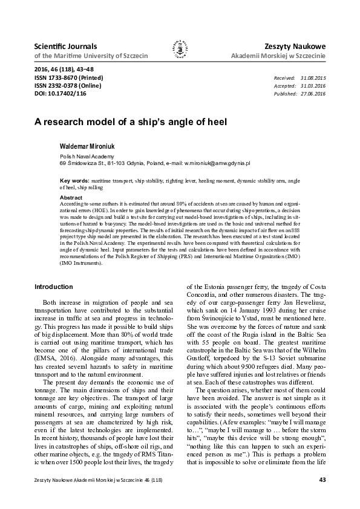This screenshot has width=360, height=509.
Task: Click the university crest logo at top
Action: [x=180, y=50]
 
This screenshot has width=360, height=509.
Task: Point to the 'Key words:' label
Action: [x=74, y=181]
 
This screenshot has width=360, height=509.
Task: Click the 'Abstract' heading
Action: [x=71, y=198]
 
